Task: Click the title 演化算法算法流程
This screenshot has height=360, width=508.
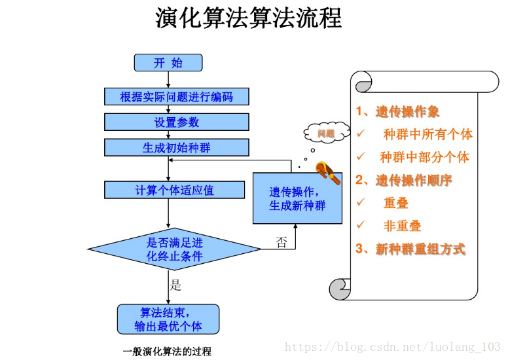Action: pos(249,18)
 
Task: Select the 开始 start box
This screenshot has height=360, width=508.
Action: pos(168,63)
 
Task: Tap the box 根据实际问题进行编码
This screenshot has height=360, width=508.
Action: pos(176,97)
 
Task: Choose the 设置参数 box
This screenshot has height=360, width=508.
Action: pos(176,122)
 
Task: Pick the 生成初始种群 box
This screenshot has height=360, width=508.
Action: pos(176,148)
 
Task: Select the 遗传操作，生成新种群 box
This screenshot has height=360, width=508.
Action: pos(297,198)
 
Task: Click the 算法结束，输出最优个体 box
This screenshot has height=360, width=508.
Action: pos(168,319)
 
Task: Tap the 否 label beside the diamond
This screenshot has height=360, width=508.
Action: pos(281,243)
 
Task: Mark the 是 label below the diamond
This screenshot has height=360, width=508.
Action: pos(175,285)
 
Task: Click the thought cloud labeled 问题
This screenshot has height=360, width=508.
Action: pos(325,134)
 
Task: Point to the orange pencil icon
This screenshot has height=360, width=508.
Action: pos(327,173)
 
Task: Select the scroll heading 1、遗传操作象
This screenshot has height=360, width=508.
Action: pos(397,112)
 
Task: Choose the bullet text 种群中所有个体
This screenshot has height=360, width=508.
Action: pos(427,135)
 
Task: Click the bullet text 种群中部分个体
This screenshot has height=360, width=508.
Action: pos(424,158)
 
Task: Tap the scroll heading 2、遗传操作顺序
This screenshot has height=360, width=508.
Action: pos(403,180)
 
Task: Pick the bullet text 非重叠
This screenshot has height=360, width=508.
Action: pos(402,226)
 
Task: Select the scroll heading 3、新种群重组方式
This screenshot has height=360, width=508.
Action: pos(410,249)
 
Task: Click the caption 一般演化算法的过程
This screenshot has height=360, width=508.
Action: pos(168,351)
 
